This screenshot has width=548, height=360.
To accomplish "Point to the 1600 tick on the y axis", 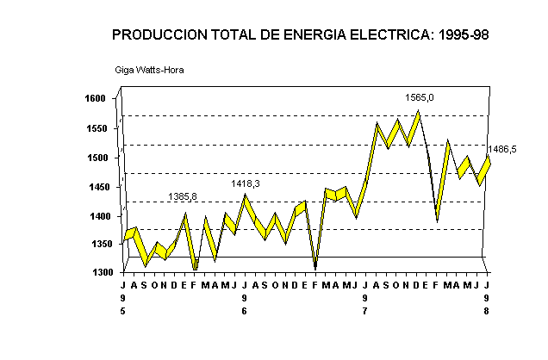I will [x=95, y=99].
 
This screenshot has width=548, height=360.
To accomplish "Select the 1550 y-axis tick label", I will [x=95, y=128].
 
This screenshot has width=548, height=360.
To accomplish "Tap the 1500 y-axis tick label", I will [x=95, y=158].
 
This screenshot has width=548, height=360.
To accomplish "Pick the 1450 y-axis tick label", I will [x=95, y=187].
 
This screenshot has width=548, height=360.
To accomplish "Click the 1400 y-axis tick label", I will [x=95, y=216].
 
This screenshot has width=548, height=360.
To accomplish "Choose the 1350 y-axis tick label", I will [x=95, y=245].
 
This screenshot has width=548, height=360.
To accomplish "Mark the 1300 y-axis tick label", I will [x=95, y=273].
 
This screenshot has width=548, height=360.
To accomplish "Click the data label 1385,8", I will [x=183, y=197].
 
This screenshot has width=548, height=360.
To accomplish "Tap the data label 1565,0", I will [x=420, y=97].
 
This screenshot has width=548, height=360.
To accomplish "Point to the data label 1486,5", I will [x=502, y=149].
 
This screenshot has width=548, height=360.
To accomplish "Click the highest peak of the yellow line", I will [x=418, y=111].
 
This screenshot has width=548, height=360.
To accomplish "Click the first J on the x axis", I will [x=123, y=285].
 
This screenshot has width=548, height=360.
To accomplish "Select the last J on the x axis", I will [x=488, y=285].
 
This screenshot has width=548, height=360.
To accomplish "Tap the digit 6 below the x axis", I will [x=245, y=311].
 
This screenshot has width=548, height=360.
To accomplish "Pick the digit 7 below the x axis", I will [x=365, y=311].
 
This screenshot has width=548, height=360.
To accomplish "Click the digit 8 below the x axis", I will [x=488, y=311].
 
